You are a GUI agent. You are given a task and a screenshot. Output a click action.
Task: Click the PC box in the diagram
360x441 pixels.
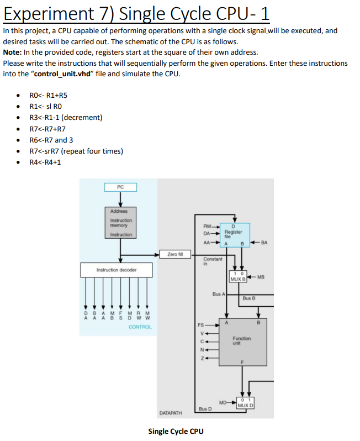(x=120, y=187)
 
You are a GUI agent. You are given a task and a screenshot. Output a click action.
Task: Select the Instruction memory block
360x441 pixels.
(x=120, y=223)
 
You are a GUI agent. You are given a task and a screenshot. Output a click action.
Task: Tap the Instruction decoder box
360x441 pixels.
(x=116, y=270)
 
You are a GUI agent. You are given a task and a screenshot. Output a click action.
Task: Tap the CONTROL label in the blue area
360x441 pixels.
(x=140, y=327)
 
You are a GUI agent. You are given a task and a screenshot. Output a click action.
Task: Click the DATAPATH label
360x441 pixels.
(x=171, y=413)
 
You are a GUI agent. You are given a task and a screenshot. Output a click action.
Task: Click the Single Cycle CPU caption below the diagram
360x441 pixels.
(x=176, y=431)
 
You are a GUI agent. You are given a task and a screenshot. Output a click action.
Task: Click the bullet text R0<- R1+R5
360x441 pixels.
(x=49, y=95)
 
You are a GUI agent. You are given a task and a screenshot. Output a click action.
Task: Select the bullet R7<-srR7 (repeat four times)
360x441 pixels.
(x=76, y=151)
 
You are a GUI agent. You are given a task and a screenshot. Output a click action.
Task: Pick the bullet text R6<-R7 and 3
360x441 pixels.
(x=51, y=140)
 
